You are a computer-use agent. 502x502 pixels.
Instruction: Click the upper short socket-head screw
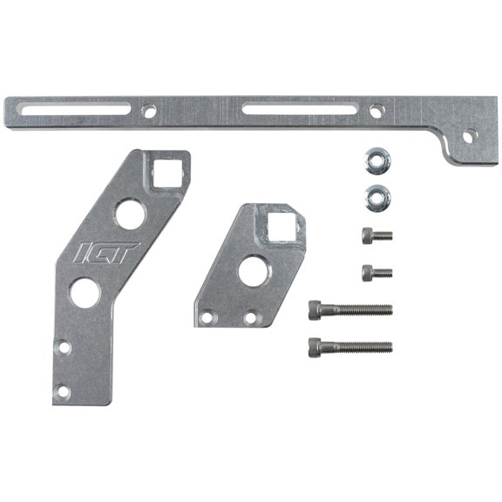(376, 234)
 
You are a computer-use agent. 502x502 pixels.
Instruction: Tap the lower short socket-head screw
(376, 272)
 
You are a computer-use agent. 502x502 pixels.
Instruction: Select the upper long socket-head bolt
(349, 309)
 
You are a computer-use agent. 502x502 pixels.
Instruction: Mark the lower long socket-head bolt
(349, 347)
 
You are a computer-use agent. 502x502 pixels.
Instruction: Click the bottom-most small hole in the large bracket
(61, 394)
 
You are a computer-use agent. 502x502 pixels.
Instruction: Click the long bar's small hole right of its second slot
(375, 112)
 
